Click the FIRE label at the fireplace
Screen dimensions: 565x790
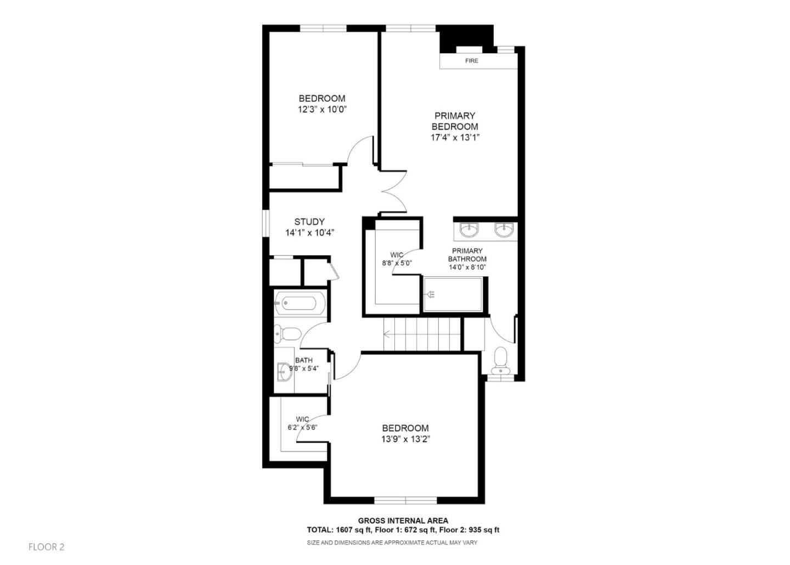click(x=471, y=61)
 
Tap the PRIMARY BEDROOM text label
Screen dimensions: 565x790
click(x=454, y=121)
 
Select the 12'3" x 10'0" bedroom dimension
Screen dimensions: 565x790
click(x=322, y=109)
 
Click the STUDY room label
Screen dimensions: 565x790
click(x=309, y=222)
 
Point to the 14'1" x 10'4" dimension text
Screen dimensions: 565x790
click(x=309, y=233)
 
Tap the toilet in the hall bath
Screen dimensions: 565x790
click(x=287, y=333)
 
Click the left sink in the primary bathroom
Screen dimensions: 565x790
click(x=469, y=230)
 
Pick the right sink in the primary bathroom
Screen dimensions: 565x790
click(x=504, y=230)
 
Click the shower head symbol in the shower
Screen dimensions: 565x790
click(x=431, y=295)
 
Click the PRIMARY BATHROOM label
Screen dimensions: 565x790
click(x=467, y=255)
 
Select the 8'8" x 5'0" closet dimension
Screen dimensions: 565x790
click(x=397, y=263)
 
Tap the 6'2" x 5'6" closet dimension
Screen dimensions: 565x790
click(x=302, y=427)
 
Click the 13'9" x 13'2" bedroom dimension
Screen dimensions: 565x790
click(x=405, y=439)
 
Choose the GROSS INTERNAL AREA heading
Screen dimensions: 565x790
click(x=403, y=521)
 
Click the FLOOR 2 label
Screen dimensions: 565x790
click(x=47, y=547)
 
